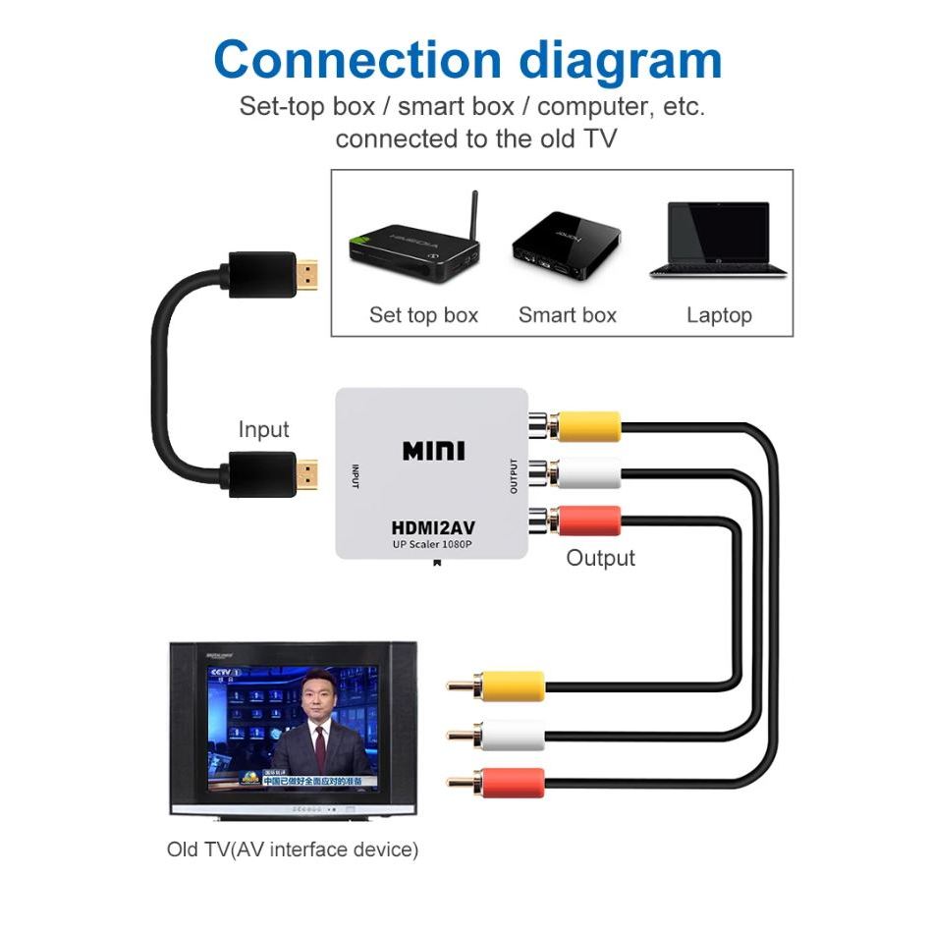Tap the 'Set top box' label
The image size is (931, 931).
tap(423, 315)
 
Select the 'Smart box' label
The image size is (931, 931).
tap(567, 315)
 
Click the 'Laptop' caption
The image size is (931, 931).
tap(719, 315)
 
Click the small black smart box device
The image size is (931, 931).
tap(566, 242)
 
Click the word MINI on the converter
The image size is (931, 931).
tap(434, 451)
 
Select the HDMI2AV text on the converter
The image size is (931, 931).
tap(433, 527)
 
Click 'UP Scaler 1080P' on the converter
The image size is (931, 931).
tap(433, 544)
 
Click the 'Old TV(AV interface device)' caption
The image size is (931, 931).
tap(293, 849)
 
